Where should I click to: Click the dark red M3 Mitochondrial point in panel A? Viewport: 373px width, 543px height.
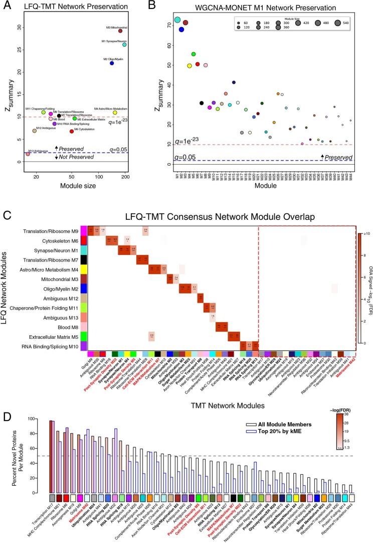tap(120, 31)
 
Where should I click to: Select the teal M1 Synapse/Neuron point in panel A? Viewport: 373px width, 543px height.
tap(124, 45)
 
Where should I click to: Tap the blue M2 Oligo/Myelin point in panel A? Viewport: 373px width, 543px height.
tap(112, 63)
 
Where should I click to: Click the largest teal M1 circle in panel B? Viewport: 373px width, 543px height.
tap(177, 20)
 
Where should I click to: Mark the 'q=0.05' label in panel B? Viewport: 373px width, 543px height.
tap(184, 158)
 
